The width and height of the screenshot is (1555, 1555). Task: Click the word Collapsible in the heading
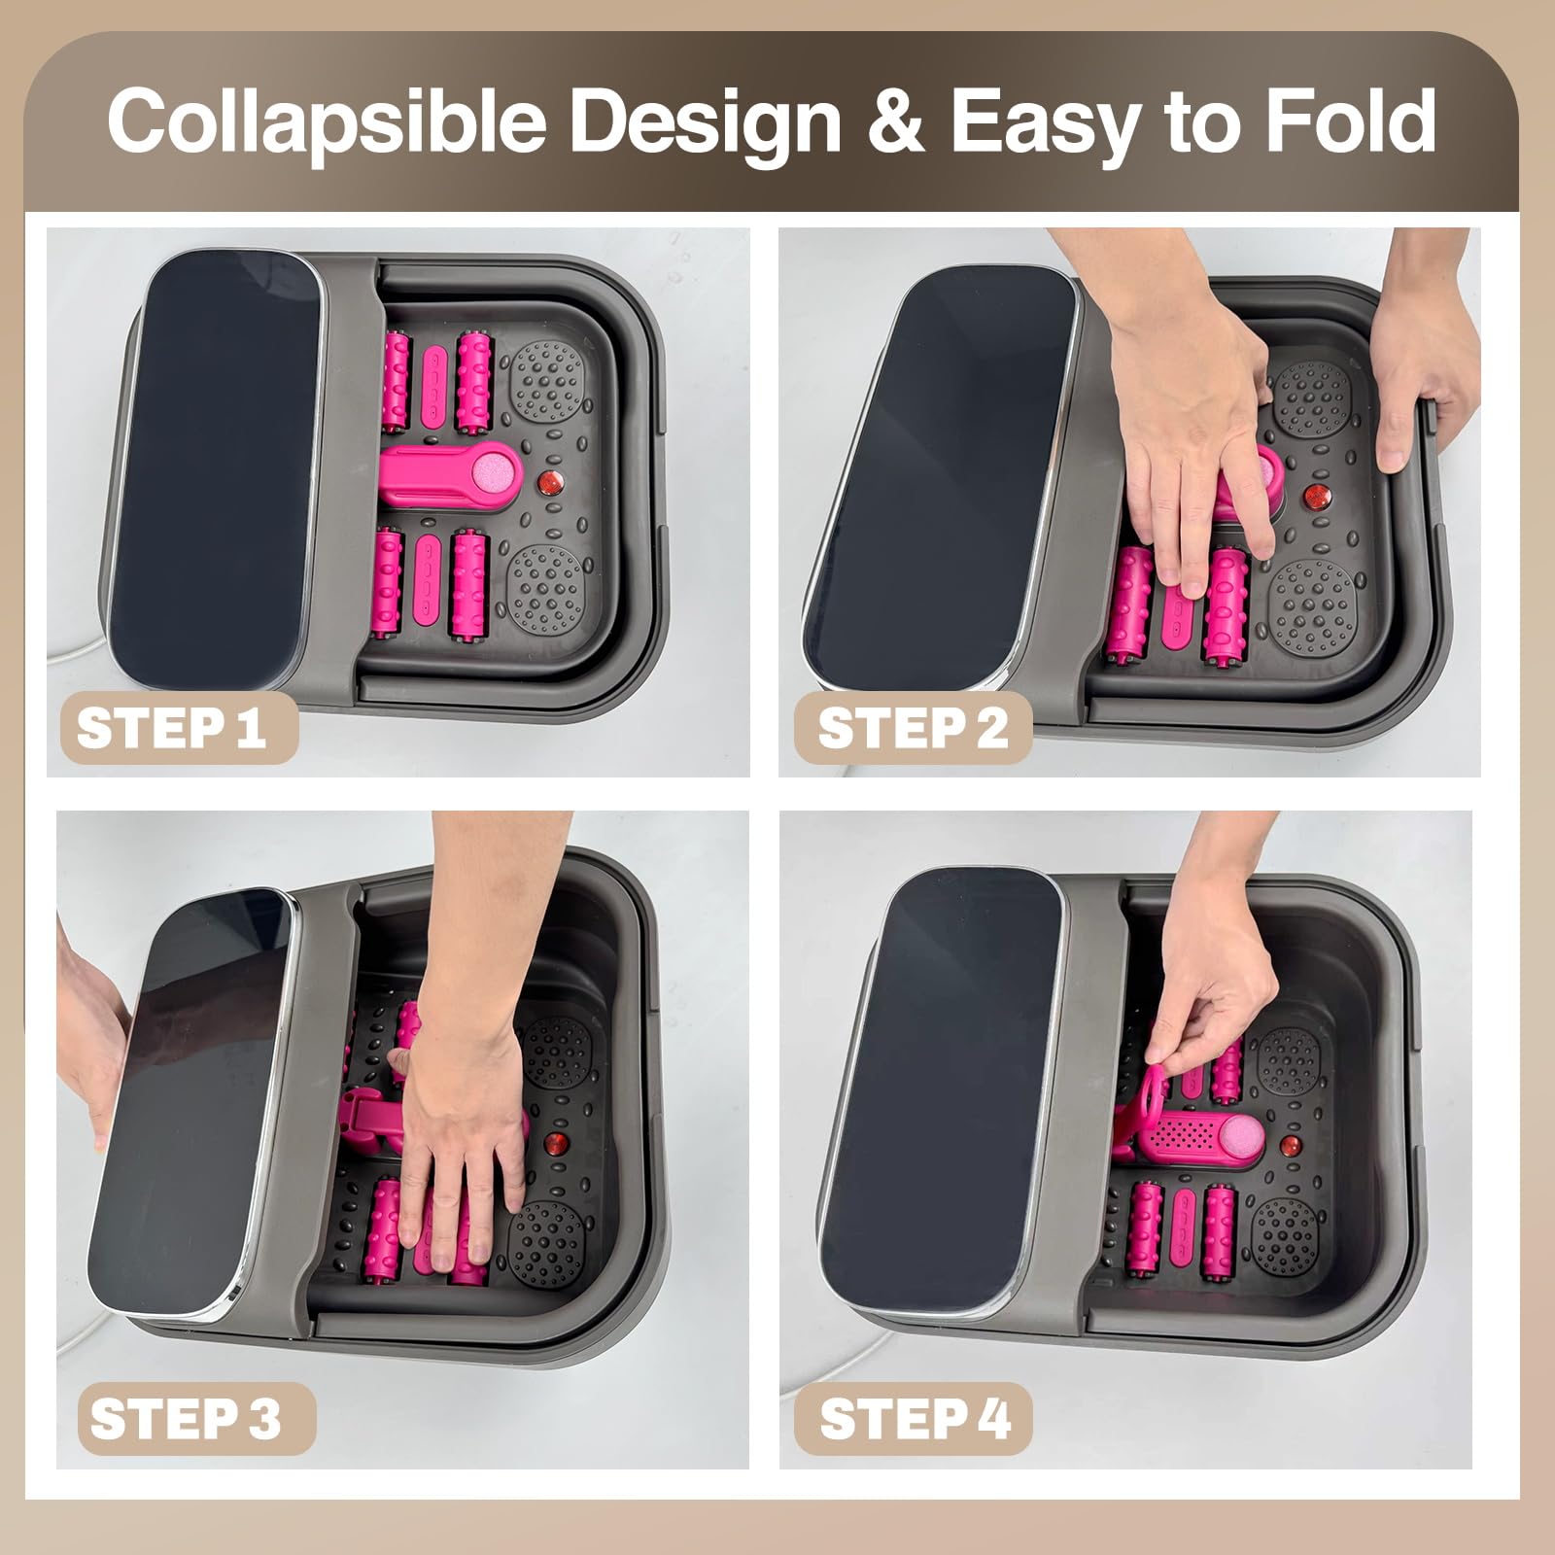point(326,121)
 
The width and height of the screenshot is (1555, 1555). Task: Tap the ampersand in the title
point(893,121)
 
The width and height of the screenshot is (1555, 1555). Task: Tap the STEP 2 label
point(913,727)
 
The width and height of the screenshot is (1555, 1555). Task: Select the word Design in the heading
point(705,121)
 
